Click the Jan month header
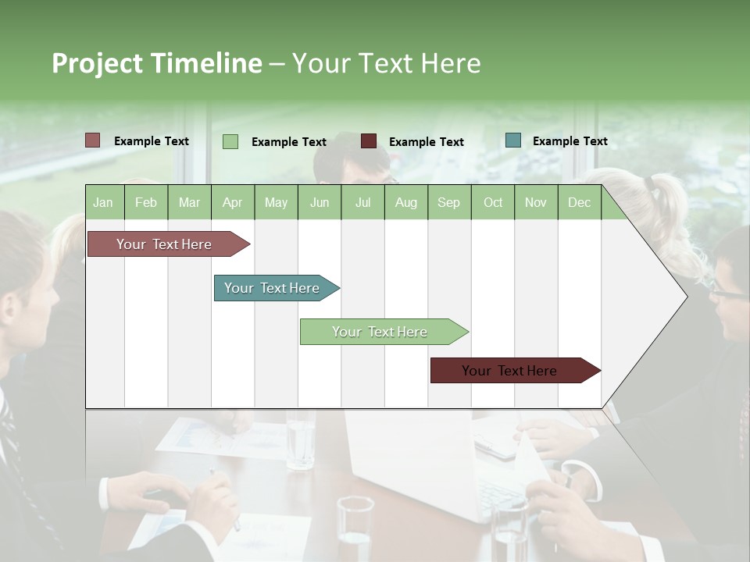point(103,202)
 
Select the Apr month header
point(232,202)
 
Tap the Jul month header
point(362,202)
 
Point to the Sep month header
point(448,202)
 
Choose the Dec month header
point(579,202)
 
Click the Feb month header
point(146,202)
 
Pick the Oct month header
point(493,202)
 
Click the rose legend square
point(93,140)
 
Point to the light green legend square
point(230,141)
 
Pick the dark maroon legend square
point(369,141)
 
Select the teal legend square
point(513,140)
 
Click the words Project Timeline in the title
point(157,63)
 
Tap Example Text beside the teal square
point(570,141)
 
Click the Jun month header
point(320,202)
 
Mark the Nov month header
point(536,202)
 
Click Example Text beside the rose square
point(152,141)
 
